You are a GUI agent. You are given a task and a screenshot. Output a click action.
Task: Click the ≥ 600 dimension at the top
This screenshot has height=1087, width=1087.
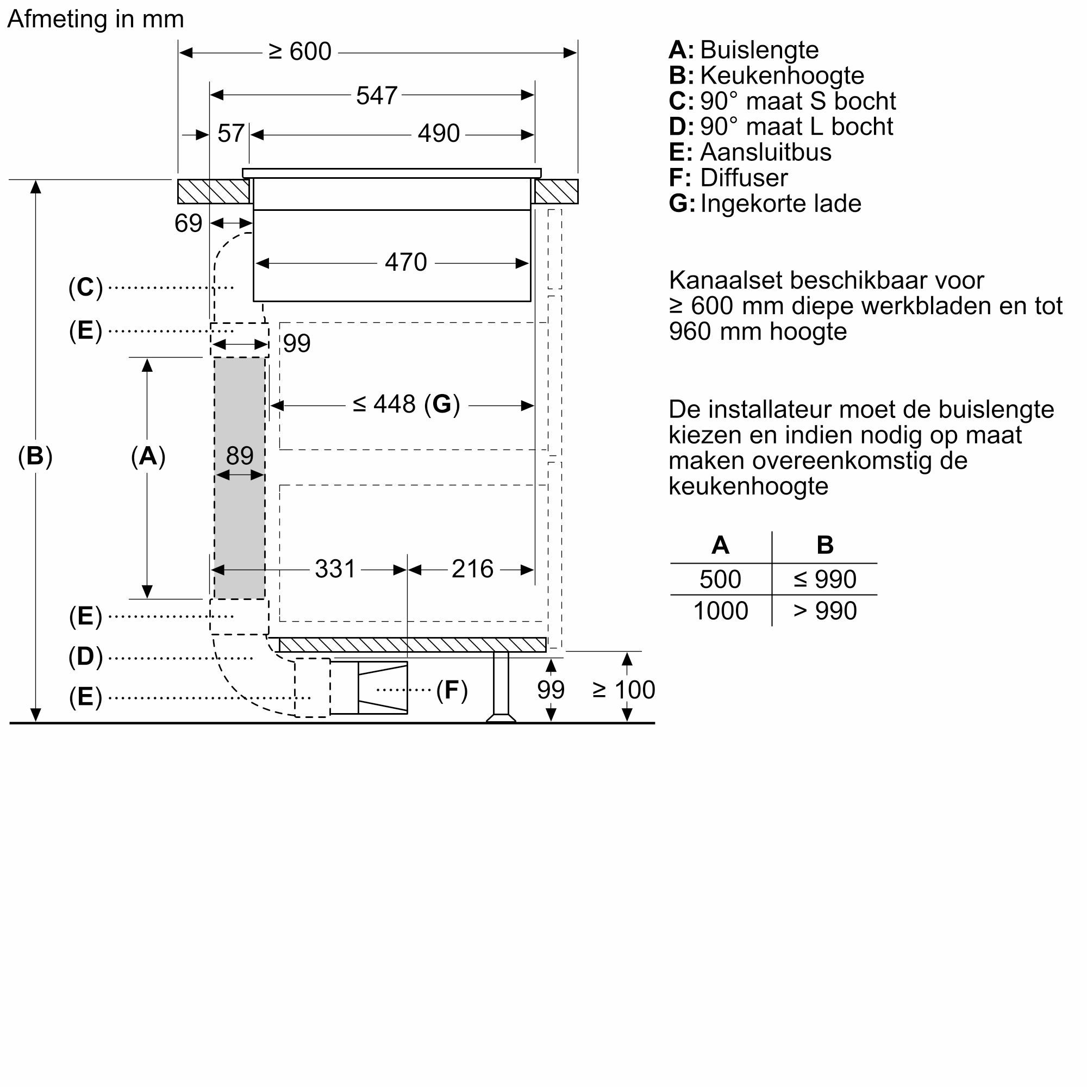point(300,52)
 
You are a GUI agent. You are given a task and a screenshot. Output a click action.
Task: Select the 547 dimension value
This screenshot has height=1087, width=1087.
point(377,96)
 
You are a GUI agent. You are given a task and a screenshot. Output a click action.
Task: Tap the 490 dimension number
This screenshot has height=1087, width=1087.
point(438,134)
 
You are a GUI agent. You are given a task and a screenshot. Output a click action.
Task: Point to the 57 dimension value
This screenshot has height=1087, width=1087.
point(230,134)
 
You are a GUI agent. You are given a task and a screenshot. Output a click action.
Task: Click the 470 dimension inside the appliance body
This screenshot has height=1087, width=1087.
point(405,262)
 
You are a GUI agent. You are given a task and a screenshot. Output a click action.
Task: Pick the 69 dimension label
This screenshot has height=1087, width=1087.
point(188,223)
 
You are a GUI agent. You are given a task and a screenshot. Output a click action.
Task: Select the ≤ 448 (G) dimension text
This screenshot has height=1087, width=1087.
point(406,404)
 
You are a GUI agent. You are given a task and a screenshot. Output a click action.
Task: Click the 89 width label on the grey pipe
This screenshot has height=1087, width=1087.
point(240,456)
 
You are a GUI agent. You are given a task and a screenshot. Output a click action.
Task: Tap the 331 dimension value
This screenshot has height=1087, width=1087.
point(335,569)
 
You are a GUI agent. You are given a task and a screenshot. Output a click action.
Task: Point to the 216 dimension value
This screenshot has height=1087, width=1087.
point(472,569)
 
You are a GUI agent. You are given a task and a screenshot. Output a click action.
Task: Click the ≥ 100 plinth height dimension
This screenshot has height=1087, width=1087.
point(623,690)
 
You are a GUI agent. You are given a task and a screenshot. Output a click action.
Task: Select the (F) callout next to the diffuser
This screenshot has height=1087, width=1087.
point(452,690)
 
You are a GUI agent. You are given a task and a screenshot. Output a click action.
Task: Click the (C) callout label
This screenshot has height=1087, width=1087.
point(85,288)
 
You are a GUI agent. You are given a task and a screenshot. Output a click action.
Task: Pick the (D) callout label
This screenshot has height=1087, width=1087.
point(85,657)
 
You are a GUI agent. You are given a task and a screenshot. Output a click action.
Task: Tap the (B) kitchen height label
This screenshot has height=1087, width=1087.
point(35,456)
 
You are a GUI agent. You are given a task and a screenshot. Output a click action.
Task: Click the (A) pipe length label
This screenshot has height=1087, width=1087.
point(148,456)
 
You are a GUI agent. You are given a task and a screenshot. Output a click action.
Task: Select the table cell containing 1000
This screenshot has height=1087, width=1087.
point(720,611)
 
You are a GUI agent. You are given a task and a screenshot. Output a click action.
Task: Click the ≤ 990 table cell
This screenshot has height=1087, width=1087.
point(824,579)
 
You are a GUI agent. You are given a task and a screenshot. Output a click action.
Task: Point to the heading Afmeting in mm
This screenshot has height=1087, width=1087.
point(96,19)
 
